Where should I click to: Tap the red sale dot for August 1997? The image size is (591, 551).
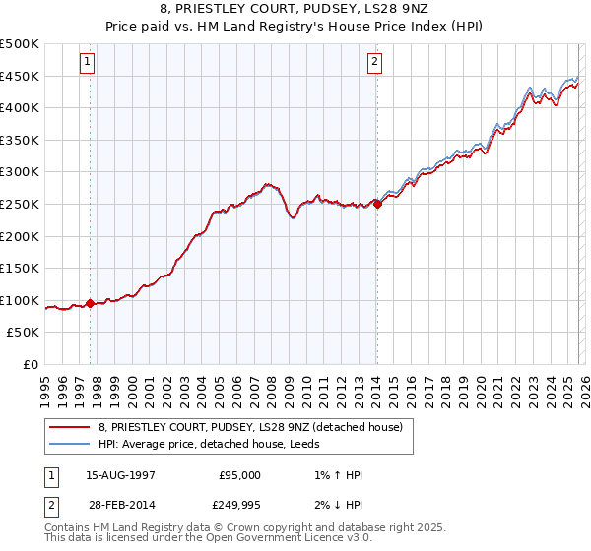click(91, 303)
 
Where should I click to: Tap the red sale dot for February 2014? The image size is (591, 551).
click(377, 205)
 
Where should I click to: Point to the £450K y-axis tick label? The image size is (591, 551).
click(20, 76)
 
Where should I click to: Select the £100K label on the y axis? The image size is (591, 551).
click(20, 300)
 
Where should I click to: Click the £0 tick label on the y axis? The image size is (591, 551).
click(32, 364)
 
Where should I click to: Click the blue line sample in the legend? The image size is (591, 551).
click(69, 444)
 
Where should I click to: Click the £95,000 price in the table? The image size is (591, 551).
click(238, 475)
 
